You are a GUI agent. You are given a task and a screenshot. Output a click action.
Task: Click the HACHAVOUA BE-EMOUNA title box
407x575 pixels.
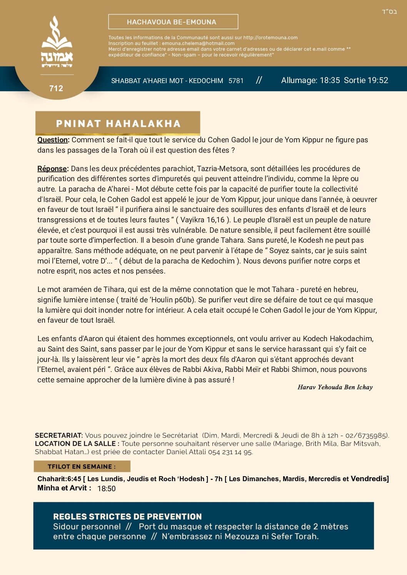[173, 22]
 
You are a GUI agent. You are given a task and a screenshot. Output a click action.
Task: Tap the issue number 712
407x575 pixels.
[56, 88]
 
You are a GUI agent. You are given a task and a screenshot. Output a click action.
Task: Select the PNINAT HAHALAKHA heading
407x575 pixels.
[118, 123]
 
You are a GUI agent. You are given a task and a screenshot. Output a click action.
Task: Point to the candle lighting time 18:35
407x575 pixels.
[330, 80]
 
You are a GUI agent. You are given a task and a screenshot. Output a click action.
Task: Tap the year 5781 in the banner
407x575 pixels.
[236, 81]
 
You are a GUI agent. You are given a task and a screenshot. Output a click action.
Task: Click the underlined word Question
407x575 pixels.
[52, 140]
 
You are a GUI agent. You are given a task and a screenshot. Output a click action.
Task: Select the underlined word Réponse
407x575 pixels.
[52, 169]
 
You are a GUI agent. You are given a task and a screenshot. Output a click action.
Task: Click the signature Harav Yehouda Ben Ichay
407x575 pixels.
[335, 387]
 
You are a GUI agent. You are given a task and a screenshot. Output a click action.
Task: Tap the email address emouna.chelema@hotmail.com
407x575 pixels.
[198, 43]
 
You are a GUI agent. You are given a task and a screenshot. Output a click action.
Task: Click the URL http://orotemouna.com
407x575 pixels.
[270, 38]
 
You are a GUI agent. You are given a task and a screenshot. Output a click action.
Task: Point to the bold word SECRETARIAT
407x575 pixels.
[58, 435]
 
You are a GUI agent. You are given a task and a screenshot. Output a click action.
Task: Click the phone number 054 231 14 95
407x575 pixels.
[230, 452]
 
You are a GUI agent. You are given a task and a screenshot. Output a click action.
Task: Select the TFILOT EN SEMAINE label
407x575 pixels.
[82, 467]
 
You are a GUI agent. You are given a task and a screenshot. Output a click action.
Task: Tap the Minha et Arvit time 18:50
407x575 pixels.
[107, 488]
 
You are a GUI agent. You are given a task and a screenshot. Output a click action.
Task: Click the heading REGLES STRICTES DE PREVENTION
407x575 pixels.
[127, 517]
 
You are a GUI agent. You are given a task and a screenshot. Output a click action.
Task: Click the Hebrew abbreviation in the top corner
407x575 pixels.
[389, 12]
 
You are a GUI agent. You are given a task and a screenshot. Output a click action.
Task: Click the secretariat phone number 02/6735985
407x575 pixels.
[366, 435]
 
